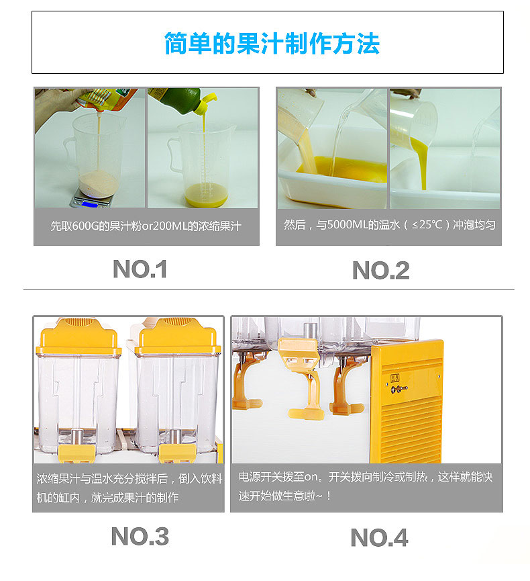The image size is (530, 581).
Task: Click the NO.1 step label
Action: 140,269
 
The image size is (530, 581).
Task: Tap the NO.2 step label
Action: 380,271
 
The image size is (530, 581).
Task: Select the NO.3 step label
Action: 140,536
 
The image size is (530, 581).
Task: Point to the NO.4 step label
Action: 379,537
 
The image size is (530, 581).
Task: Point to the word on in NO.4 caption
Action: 313,477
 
